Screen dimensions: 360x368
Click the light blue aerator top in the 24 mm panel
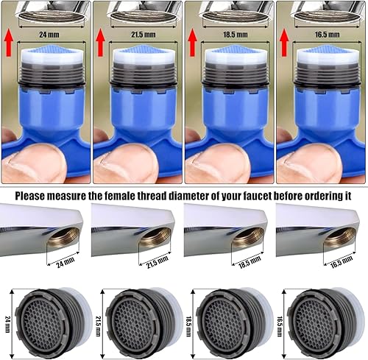point(46,54)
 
